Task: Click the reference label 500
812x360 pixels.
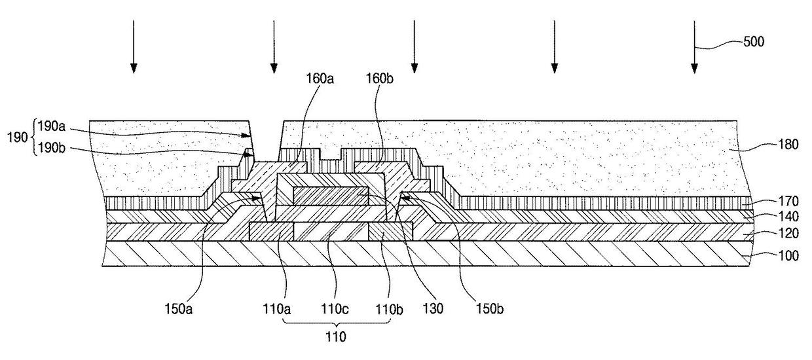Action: [754, 42]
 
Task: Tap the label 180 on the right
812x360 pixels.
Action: [788, 145]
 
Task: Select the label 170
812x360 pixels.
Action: [788, 201]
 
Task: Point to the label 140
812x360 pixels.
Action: [788, 217]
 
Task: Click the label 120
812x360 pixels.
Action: [788, 233]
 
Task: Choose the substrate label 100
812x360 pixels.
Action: [788, 256]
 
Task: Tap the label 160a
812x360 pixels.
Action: [320, 79]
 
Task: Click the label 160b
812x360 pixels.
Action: [380, 79]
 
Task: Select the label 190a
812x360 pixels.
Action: [52, 126]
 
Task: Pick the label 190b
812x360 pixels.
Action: [52, 148]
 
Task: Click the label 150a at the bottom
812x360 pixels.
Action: [178, 310]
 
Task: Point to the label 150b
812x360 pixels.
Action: [489, 310]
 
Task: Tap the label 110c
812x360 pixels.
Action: [335, 310]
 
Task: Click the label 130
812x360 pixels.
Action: [434, 308]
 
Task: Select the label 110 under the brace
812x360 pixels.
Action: [336, 337]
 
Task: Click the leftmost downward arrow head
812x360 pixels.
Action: [134, 68]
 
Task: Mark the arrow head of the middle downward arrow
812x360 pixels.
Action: [415, 68]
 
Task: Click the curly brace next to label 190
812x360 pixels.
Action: [33, 137]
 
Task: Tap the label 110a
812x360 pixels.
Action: [276, 310]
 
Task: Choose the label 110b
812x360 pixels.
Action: [390, 310]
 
